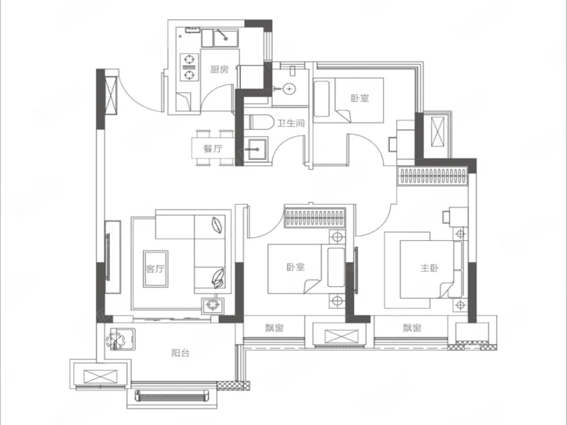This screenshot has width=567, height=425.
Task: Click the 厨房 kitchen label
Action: click(220, 69)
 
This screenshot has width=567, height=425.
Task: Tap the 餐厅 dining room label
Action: click(213, 148)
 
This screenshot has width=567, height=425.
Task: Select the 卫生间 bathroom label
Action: click(291, 123)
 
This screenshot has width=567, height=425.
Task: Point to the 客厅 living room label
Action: click(155, 268)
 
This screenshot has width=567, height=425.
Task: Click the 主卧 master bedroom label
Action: click(430, 268)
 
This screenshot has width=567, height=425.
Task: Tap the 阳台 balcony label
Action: click(181, 353)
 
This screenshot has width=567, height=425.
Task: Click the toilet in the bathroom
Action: click(260, 122)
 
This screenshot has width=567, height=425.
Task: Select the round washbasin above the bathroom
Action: click(289, 89)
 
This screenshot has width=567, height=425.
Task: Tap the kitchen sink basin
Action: click(225, 38)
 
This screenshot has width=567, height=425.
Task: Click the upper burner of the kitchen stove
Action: click(189, 59)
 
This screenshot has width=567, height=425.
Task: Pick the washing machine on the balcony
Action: click(116, 339)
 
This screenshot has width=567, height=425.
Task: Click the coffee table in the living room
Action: click(155, 269)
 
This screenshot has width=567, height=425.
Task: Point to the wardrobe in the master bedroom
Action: click(433, 176)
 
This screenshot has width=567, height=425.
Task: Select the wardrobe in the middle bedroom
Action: click(315, 217)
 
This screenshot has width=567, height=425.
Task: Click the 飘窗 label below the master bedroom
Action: click(412, 328)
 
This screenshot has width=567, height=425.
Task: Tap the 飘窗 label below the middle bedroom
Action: click(274, 328)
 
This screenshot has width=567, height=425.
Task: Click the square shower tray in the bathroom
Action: click(256, 149)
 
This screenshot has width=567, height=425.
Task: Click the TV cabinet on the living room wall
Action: click(113, 257)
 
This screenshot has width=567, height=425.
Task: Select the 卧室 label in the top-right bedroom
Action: click(360, 98)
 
